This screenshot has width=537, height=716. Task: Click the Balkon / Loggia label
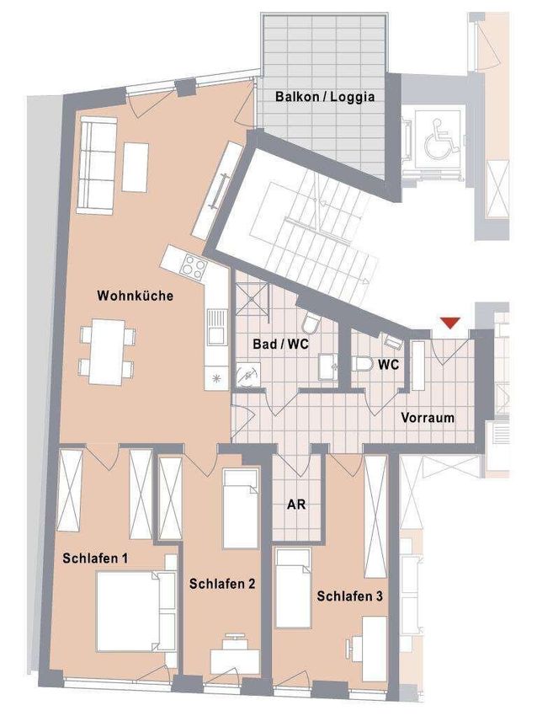coord(325,97)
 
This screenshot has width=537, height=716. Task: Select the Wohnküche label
coord(136,296)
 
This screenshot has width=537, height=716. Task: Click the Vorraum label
coord(428,417)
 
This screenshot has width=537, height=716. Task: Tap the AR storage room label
coord(295,505)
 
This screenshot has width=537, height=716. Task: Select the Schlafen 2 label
coord(222,583)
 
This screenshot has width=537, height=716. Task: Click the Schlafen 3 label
coord(350,596)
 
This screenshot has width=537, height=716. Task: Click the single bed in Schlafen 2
coord(239,509)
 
